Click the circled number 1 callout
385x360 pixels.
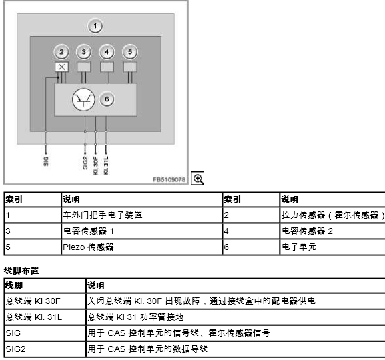coord(95,26)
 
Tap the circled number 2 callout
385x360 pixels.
coord(61,52)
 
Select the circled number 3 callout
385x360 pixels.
coord(84,52)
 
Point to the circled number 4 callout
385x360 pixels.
coord(107,52)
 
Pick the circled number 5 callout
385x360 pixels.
coord(130,52)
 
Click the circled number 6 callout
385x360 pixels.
coord(107,99)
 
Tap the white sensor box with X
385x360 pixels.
coord(61,67)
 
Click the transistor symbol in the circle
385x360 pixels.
coord(83,99)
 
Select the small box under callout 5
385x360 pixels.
coord(130,67)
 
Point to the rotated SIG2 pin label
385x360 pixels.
coord(85,163)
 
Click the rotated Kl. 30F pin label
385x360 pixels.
coord(96,165)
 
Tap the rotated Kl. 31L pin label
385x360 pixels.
coord(106,165)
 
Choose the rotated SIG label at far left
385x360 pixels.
coord(46,161)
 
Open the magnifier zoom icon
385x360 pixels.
coord(198,178)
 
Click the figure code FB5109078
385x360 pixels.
coord(169,179)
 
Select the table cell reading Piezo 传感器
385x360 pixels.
coord(88,247)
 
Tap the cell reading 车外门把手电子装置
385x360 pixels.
coord(103,215)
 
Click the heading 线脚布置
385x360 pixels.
coord(21,271)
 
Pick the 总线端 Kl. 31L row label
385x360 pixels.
coord(34,317)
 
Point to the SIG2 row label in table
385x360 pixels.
coord(15,349)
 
